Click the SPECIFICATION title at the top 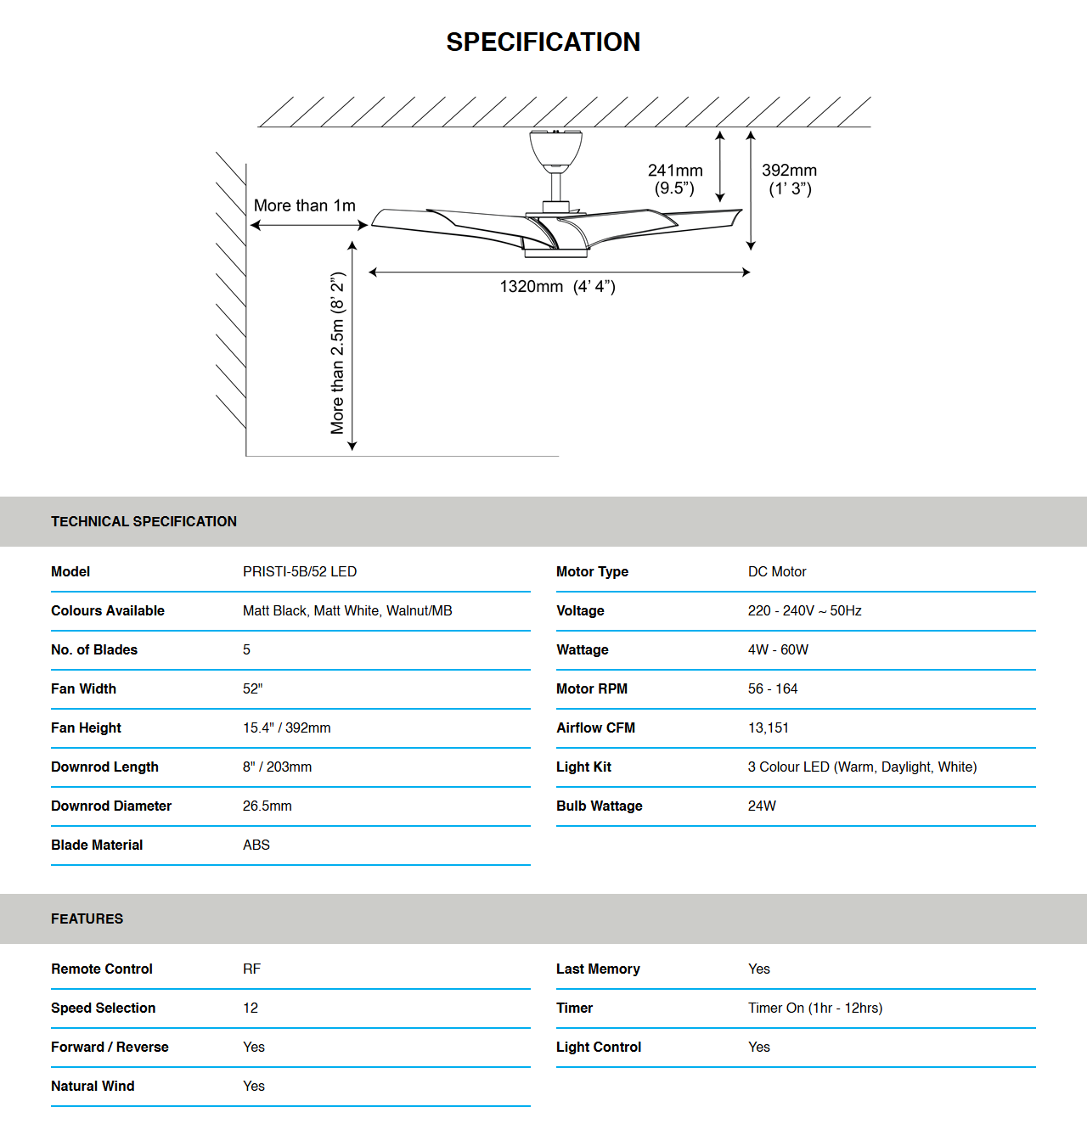pos(543,42)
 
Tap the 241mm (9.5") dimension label pos(675,179)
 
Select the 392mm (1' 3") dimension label pos(790,179)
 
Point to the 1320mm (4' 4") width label pos(557,287)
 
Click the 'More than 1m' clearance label pos(304,205)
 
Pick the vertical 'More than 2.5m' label pos(338,353)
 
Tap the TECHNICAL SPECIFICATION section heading pos(144,521)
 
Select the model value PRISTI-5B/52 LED pos(300,571)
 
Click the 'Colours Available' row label pos(108,610)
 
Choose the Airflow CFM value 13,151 pos(769,727)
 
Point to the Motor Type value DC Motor pos(777,571)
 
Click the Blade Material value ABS pos(256,845)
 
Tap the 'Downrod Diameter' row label pos(111,806)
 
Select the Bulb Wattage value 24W pos(762,806)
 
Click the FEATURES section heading pos(87,918)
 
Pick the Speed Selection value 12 pos(251,1008)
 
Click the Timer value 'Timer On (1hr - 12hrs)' pos(815,1008)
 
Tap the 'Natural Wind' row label pos(93,1086)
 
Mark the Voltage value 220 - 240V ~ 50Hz pos(805,610)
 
